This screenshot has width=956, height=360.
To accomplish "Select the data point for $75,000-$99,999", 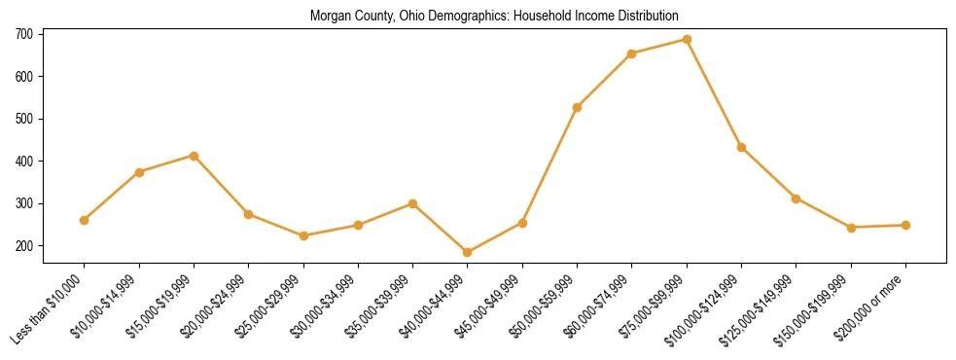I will click(x=687, y=40).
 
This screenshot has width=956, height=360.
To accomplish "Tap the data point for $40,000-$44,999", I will click(x=468, y=253).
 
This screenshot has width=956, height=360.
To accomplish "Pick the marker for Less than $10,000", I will click(x=85, y=220).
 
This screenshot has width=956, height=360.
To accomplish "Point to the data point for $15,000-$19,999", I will click(x=195, y=156).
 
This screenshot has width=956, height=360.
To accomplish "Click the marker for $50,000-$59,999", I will click(x=578, y=107).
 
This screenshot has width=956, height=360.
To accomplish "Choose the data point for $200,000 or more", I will click(x=905, y=225).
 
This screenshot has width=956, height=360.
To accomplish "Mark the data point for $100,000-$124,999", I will click(x=742, y=147).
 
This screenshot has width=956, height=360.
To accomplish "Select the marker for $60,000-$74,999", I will click(x=632, y=54).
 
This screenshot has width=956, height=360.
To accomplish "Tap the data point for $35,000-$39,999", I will click(x=413, y=203).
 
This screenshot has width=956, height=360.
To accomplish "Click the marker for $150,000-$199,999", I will click(x=851, y=228).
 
